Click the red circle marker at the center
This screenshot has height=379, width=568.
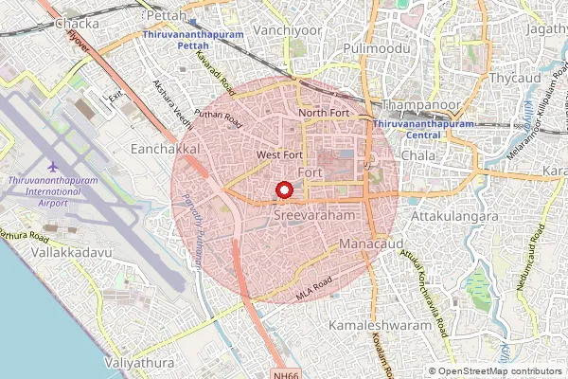pos(283,190)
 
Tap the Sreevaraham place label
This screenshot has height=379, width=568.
pos(312,216)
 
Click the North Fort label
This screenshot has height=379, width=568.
pos(325,113)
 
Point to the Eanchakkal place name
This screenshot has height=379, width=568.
pos(165,149)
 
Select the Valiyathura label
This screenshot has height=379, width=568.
pos(139,363)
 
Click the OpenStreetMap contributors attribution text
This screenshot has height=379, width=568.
pos(502,371)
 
